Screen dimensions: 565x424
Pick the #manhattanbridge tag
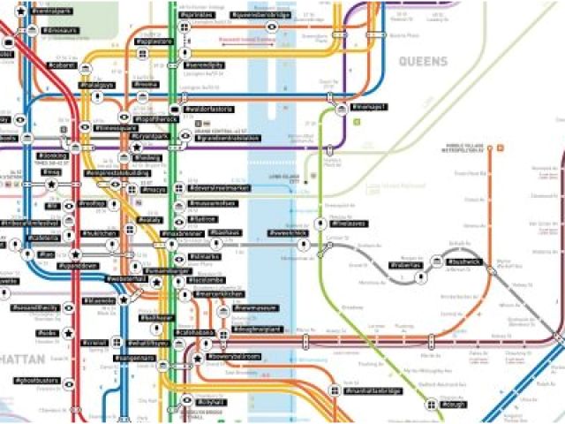tap(373, 390)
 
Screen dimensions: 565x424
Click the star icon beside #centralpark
tap(20, 11)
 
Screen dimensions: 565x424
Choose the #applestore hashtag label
tap(154, 42)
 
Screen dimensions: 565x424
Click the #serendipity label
tap(204, 65)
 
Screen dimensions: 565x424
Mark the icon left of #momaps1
tap(341, 107)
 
